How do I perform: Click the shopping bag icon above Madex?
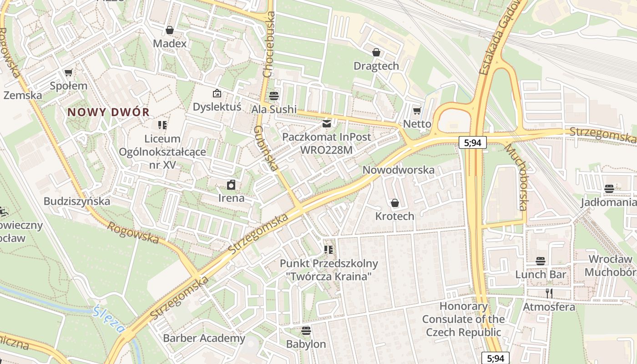(x=170, y=30)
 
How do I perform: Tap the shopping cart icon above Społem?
(x=69, y=72)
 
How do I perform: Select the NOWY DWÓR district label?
(x=109, y=112)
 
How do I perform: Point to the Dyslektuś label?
(x=217, y=107)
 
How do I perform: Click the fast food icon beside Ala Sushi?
(x=274, y=96)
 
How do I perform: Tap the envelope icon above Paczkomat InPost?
(x=326, y=123)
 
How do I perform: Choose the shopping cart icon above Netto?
(x=417, y=111)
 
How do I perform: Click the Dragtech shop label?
(x=376, y=66)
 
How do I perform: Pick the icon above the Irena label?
(x=231, y=185)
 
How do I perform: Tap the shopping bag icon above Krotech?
(x=394, y=203)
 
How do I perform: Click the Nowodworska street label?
(x=399, y=170)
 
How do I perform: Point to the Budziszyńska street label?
(x=77, y=201)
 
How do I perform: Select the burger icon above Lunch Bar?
(x=541, y=261)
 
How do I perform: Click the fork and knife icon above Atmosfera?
(x=549, y=293)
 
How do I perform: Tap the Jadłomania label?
(x=609, y=202)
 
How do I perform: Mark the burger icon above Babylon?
(x=306, y=331)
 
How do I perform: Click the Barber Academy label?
(x=204, y=339)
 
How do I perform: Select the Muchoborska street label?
(x=516, y=177)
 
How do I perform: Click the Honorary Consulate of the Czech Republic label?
(x=464, y=319)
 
